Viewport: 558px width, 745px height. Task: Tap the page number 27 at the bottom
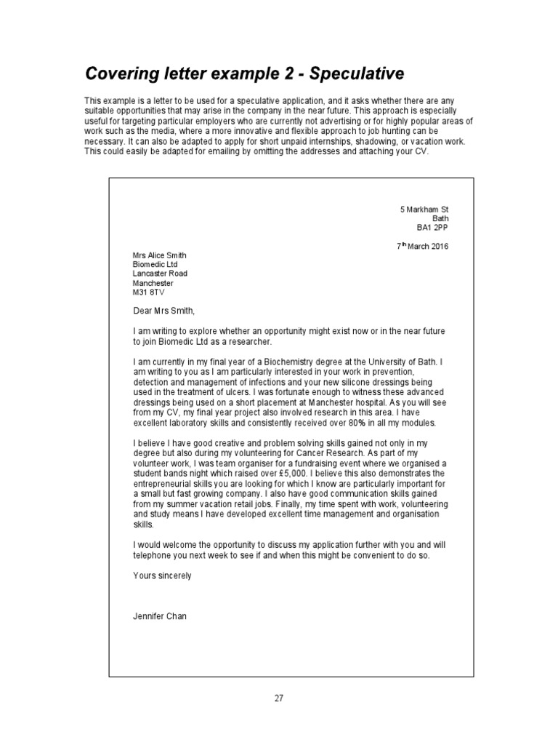279,698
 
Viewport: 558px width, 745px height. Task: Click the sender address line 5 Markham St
424,210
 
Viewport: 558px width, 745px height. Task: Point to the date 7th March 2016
423,246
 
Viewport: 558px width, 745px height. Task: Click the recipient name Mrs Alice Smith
160,255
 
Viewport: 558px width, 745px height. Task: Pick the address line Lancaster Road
160,274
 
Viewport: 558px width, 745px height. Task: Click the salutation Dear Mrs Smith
165,311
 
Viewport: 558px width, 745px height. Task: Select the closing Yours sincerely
162,575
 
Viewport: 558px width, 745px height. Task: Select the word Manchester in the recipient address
153,282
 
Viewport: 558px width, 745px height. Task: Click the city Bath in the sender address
441,218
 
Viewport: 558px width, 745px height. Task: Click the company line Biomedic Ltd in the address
155,265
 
